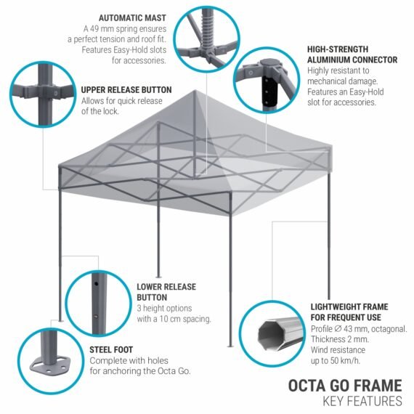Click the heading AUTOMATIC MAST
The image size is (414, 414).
click(132, 18)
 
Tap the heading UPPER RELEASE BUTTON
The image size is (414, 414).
click(126, 90)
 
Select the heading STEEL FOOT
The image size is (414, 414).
click(111, 350)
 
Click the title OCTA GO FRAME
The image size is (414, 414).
click(345, 386)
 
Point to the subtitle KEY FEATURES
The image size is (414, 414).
click(362, 402)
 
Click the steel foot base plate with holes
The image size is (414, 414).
click(51, 365)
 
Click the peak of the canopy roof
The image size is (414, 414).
click(195, 91)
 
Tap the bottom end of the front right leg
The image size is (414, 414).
click(230, 345)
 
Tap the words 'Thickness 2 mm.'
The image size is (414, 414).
click(339, 339)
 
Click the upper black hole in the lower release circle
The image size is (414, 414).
click(97, 284)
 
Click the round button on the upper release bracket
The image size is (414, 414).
click(56, 93)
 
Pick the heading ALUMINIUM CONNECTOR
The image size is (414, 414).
click(352, 60)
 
